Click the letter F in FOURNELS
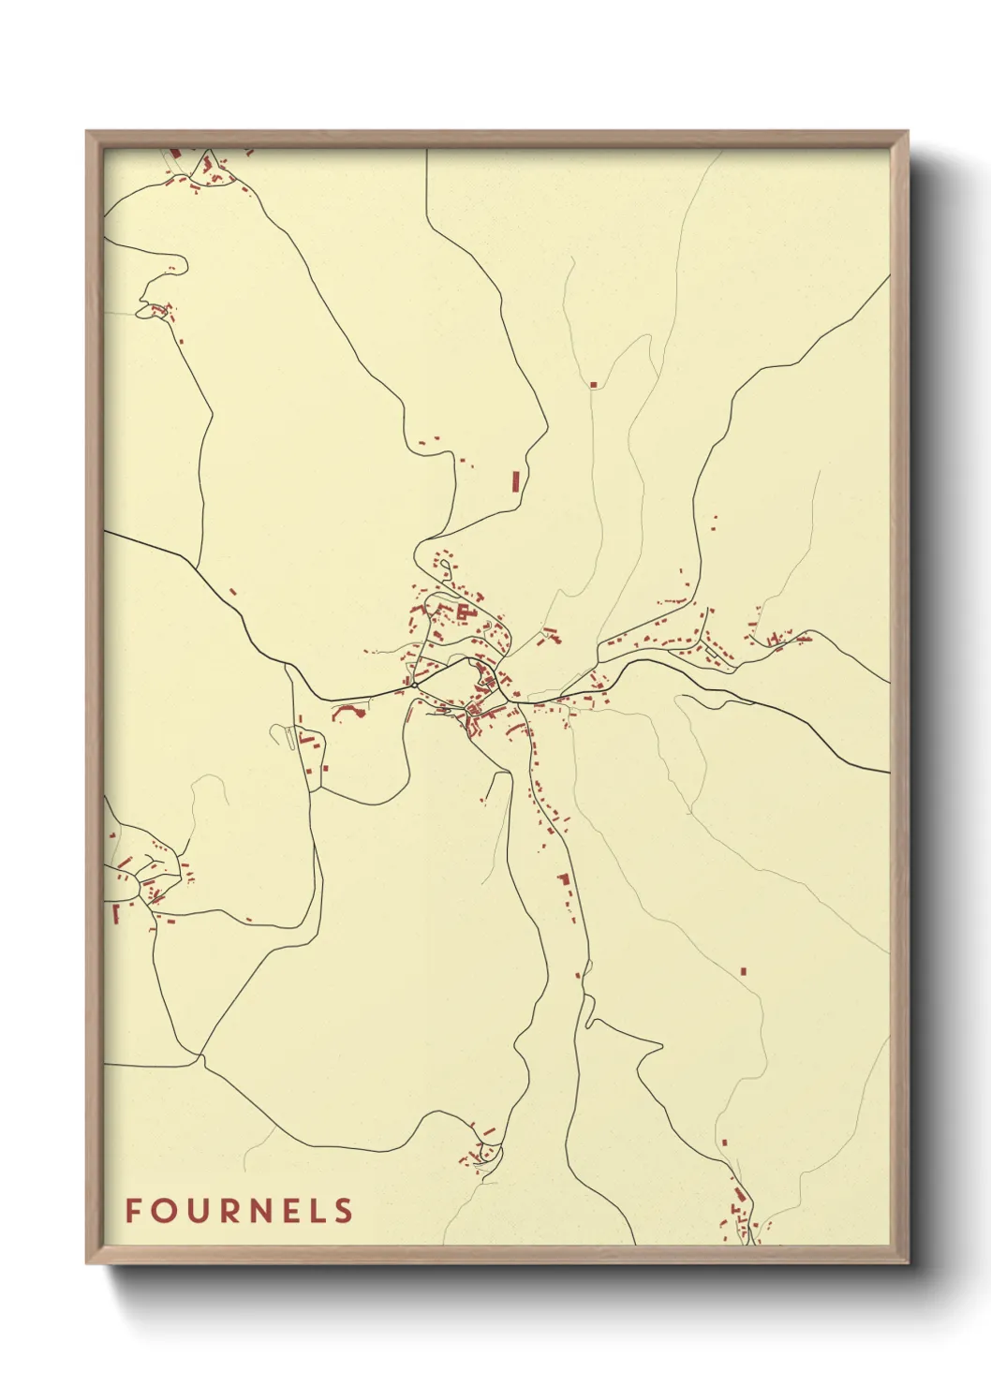click(133, 1211)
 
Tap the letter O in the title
click(163, 1211)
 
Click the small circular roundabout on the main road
click(414, 686)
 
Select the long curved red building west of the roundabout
click(348, 712)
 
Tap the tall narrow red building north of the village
click(515, 480)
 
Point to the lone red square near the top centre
click(593, 384)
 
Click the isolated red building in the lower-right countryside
click(744, 971)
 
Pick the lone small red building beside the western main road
click(232, 592)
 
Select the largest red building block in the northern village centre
click(462, 612)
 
